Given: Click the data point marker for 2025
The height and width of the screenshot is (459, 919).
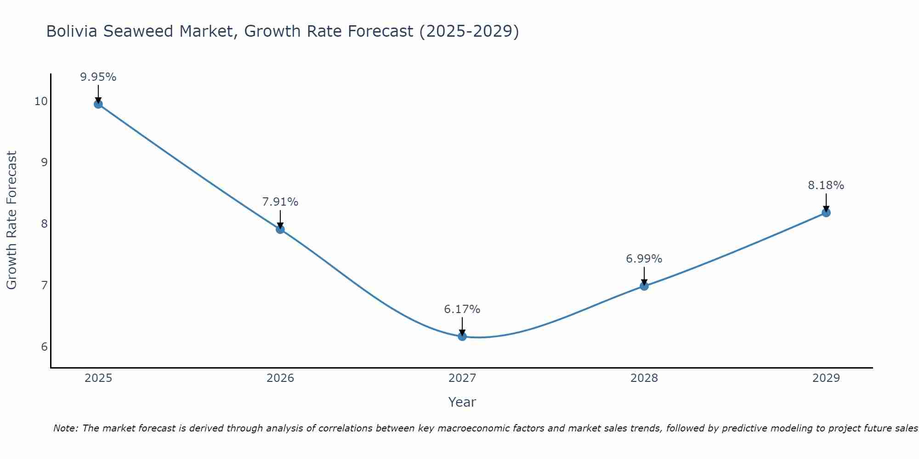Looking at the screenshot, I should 98,104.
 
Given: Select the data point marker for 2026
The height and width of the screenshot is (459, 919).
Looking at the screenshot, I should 280,229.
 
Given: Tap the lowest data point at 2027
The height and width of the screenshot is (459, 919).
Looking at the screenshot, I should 462,336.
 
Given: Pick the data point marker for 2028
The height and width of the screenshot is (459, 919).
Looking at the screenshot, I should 644,286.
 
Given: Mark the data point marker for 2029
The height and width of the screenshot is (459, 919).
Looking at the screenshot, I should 826,213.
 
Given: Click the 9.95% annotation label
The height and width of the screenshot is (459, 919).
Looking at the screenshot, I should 98,77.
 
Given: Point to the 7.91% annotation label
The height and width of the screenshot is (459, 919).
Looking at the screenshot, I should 280,202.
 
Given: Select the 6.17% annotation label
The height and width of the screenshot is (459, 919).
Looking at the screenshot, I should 462,309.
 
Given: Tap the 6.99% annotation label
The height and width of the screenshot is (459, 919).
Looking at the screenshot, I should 644,259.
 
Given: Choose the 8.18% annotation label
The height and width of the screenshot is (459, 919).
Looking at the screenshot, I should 826,185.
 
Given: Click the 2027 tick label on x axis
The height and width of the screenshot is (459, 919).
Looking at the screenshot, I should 462,378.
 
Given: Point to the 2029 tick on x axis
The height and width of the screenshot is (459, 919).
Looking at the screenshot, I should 826,378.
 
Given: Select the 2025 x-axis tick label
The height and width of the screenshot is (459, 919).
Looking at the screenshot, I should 98,378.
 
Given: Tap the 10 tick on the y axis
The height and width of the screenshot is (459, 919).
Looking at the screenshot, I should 41,101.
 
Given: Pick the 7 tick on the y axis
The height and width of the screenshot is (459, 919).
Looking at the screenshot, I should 44,285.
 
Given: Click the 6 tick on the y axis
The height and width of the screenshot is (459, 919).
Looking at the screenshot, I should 44,347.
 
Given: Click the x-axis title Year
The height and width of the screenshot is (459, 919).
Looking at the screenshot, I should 462,402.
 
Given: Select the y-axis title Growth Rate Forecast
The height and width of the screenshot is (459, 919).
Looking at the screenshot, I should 12,220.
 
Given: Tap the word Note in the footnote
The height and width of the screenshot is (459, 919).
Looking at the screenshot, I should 66,428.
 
